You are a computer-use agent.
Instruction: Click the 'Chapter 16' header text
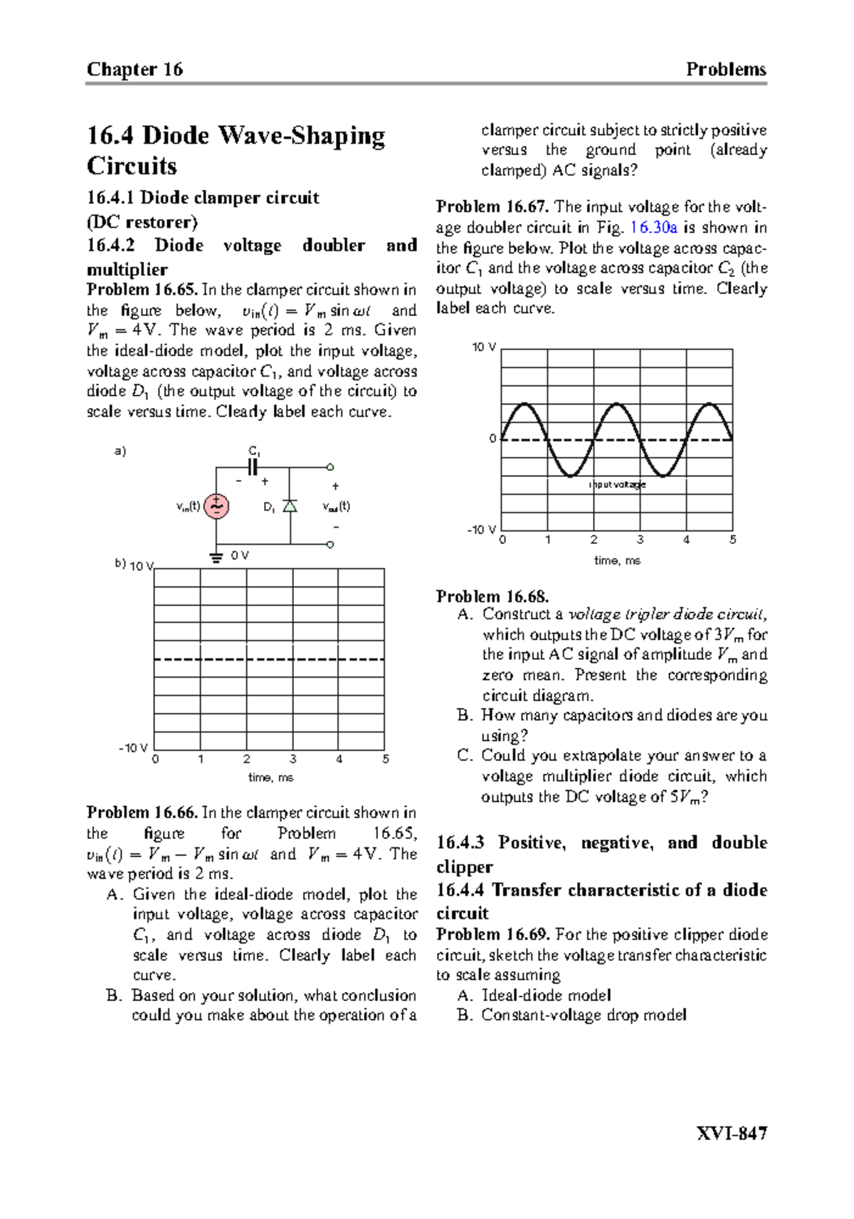click(x=135, y=69)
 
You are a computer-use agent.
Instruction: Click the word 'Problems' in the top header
click(x=725, y=69)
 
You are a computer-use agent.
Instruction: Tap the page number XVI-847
click(x=732, y=1133)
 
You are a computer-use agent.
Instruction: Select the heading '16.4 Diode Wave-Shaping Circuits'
click(x=235, y=150)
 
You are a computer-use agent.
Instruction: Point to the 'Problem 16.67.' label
click(x=492, y=207)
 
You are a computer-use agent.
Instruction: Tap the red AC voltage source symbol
click(x=216, y=506)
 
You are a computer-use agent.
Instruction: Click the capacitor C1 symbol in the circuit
click(x=253, y=467)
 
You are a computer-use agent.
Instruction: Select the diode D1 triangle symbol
click(x=290, y=506)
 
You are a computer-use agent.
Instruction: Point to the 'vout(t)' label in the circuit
click(x=336, y=507)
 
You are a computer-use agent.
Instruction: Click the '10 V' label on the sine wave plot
click(x=484, y=347)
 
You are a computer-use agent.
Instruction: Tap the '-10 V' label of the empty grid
click(x=133, y=748)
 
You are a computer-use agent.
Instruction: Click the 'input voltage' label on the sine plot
click(x=618, y=484)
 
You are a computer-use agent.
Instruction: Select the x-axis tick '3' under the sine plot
click(x=640, y=540)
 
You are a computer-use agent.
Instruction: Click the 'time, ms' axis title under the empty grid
click(x=270, y=778)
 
